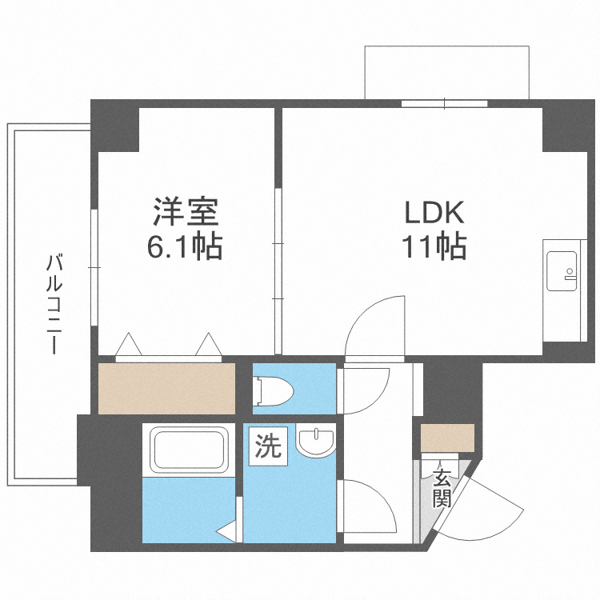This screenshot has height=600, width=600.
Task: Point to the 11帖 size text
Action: [x=433, y=247]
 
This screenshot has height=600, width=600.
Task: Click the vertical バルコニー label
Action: [x=54, y=304]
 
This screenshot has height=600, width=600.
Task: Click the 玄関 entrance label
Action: [x=442, y=488]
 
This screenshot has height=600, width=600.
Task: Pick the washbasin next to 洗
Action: [x=318, y=443]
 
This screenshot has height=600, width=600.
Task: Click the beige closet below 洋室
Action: [x=166, y=388]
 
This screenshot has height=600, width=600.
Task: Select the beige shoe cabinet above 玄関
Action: [x=447, y=438]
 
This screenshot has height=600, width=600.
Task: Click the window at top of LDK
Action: [x=444, y=103]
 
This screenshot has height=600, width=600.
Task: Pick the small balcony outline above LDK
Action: [x=446, y=72]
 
